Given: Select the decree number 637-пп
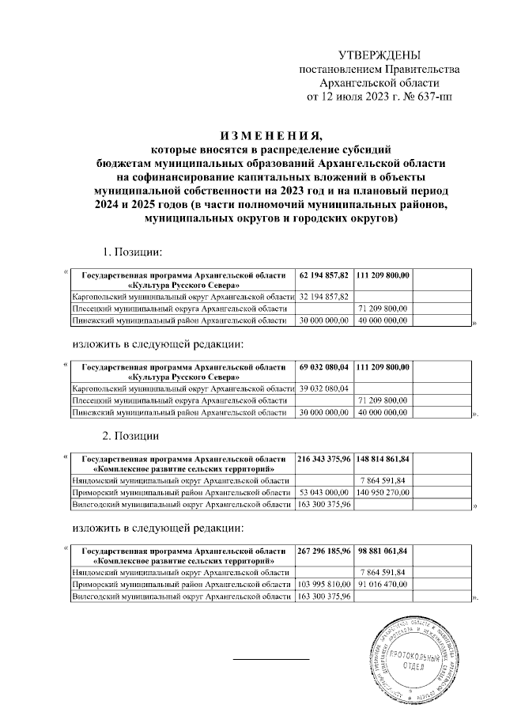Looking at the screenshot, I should point(433,97).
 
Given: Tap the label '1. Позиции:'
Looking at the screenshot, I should point(133,252).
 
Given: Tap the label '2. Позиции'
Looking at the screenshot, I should point(131,436).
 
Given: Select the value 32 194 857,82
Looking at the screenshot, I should point(324,295).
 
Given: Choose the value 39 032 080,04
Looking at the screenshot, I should point(324,388).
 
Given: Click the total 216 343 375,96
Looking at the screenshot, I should point(324,458).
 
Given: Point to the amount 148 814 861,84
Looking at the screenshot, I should point(383,458).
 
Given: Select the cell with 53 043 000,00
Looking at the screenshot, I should point(324,492).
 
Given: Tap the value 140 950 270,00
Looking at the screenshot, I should point(383,492).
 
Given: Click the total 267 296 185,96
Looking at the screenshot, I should point(324,550).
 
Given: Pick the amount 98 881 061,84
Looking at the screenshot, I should point(383,550).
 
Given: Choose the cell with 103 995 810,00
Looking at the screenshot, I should point(324,584).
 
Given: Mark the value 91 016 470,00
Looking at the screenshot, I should point(383,584).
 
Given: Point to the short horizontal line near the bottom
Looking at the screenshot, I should point(270,658).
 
